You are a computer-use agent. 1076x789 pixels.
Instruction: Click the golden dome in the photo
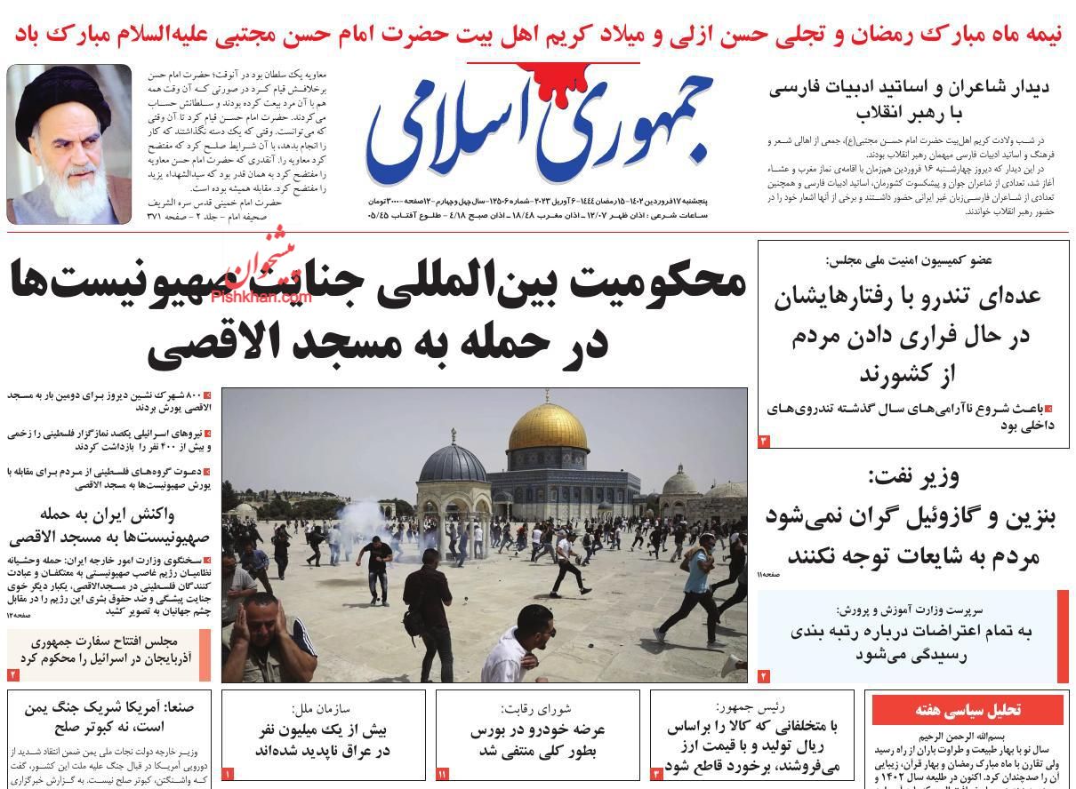(x=548, y=426)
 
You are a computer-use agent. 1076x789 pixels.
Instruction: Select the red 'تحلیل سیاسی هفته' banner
(x=968, y=710)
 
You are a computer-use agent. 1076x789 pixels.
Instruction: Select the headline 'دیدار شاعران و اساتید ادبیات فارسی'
(x=910, y=88)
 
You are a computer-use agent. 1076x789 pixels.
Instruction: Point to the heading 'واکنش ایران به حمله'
(x=111, y=514)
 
